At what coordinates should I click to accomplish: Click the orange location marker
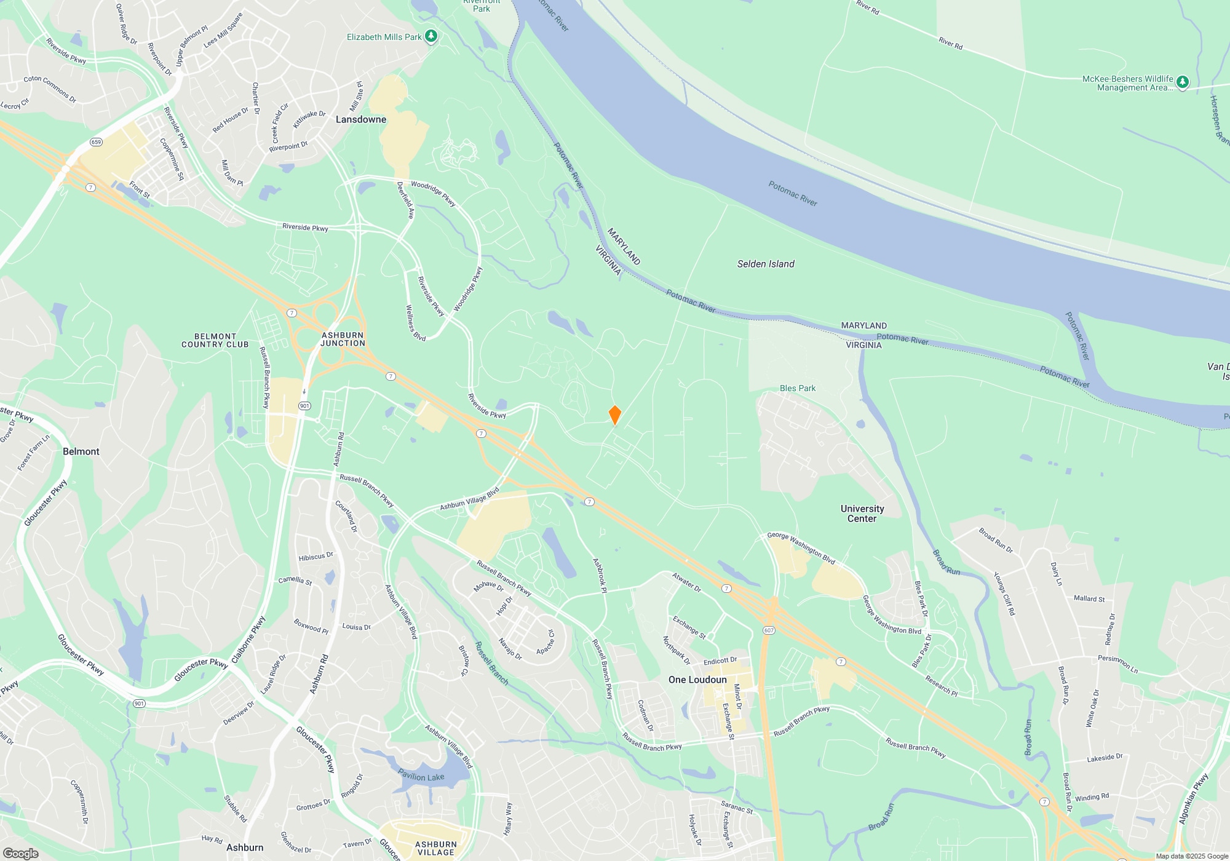coord(614,415)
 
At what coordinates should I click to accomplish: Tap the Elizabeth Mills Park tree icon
coord(431,36)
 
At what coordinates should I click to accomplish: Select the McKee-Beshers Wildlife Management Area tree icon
coord(1182,82)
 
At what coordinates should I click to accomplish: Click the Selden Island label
coord(766,264)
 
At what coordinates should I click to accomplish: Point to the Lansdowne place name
coord(361,119)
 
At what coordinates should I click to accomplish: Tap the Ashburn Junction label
coord(343,339)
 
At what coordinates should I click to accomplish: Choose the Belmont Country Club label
coord(215,341)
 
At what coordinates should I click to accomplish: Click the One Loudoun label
coord(697,680)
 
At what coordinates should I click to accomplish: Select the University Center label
coord(862,514)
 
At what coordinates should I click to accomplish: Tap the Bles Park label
coord(798,388)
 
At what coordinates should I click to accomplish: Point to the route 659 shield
coord(96,142)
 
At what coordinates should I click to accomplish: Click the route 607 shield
coord(769,630)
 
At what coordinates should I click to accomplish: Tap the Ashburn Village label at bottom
coord(436,848)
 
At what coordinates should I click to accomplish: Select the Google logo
coord(21,854)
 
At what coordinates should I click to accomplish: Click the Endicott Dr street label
coord(720,661)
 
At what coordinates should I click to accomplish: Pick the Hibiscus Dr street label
coord(315,557)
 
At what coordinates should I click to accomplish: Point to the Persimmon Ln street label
coord(1118,664)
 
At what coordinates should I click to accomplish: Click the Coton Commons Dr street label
coord(50,89)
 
